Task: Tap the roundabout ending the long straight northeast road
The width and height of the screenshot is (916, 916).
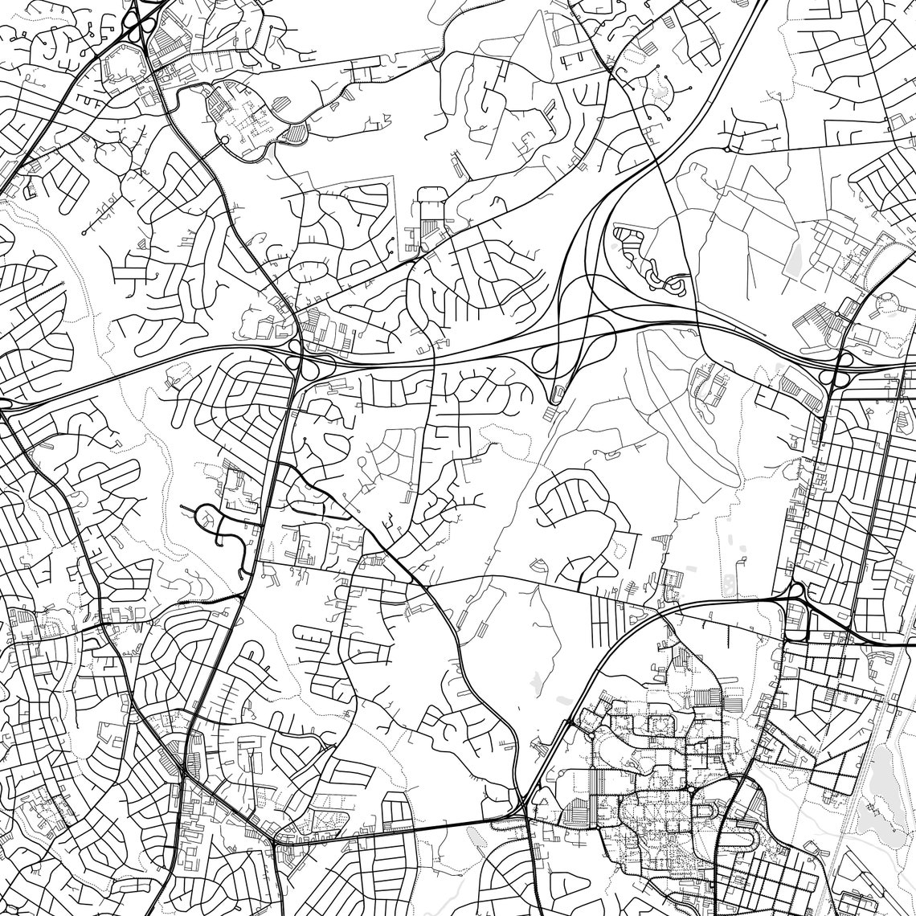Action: (727, 148)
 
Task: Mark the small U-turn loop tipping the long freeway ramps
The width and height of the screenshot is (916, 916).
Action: (554, 394)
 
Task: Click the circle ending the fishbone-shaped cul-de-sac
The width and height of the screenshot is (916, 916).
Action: (84, 233)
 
